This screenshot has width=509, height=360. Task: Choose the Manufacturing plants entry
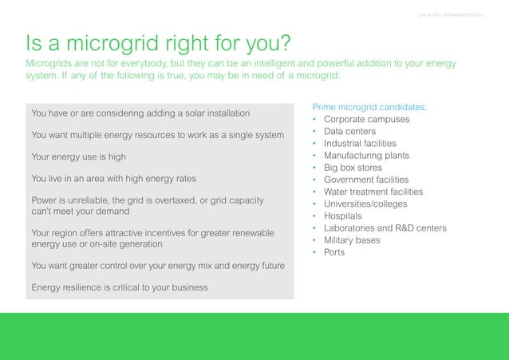point(369,156)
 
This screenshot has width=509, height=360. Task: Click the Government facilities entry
point(365,180)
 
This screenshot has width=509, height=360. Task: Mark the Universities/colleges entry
point(365,204)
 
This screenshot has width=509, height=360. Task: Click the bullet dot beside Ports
point(315,252)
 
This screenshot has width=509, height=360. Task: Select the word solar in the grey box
point(180,113)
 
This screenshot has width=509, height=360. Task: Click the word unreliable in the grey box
point(88,200)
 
